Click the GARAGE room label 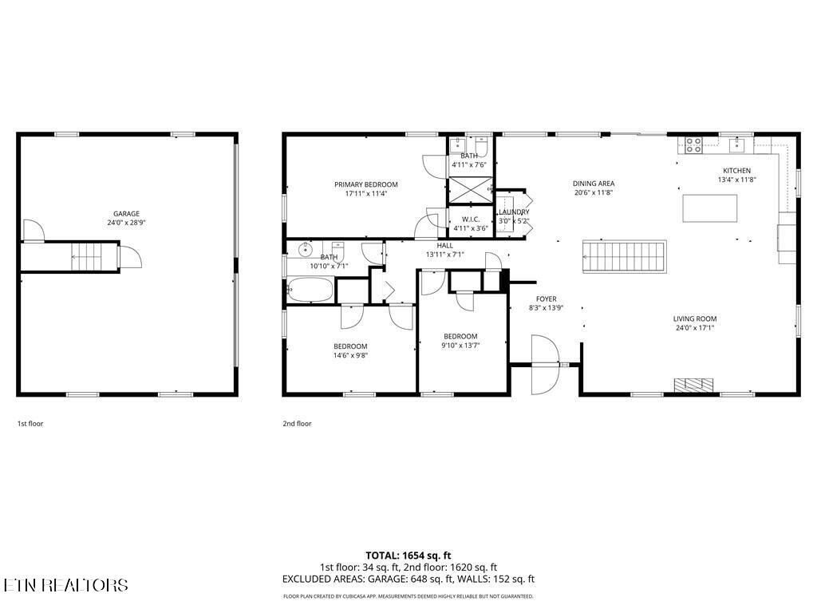click(126, 213)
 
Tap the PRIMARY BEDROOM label click(365, 184)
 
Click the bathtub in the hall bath click(310, 290)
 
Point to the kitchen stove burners click(693, 144)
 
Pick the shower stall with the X click(470, 192)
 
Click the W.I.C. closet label click(469, 219)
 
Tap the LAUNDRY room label click(513, 212)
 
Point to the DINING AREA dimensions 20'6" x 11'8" click(594, 192)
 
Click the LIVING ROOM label click(694, 318)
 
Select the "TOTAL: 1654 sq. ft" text click(408, 555)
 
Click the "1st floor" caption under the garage click(30, 424)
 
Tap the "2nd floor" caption click(297, 424)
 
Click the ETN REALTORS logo click(65, 585)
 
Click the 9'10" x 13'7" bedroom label click(460, 336)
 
